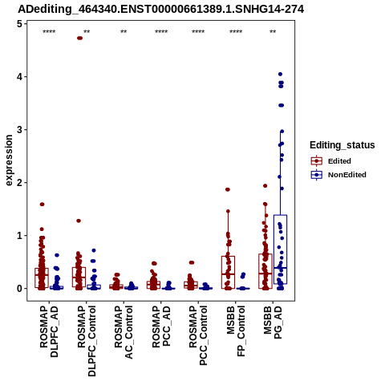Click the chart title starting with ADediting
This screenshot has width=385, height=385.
(161, 10)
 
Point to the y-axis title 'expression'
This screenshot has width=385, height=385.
(9, 160)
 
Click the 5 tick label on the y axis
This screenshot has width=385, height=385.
(20, 24)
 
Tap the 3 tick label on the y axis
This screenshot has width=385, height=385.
(20, 130)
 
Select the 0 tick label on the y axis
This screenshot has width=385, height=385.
(20, 289)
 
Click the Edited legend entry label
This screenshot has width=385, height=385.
(339, 161)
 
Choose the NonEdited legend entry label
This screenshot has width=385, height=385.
(347, 175)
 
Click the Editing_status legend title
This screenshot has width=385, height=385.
(342, 145)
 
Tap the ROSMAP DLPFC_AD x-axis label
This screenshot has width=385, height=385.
(49, 331)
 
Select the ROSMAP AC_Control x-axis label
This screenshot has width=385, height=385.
(124, 332)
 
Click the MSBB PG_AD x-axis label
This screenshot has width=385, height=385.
(273, 322)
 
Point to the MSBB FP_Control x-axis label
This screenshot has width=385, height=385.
(236, 331)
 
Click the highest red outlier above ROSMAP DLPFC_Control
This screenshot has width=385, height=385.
(79, 38)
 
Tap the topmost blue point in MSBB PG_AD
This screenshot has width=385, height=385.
(280, 74)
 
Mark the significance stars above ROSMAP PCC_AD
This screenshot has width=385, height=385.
(161, 32)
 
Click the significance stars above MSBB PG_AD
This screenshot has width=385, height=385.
(273, 32)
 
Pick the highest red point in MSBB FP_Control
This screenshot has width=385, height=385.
(228, 189)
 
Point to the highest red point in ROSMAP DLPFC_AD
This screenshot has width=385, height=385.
(42, 205)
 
